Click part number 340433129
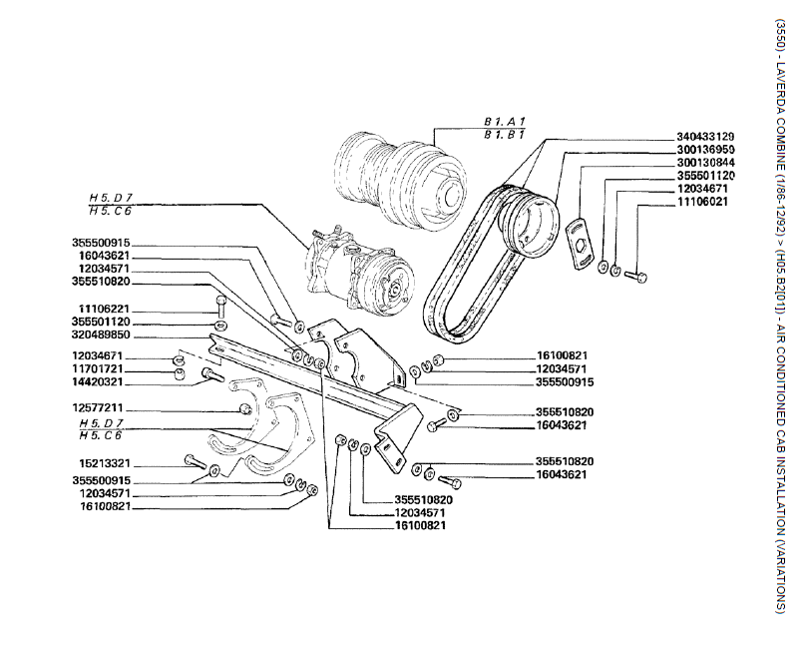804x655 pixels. click(704, 136)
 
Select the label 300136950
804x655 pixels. click(704, 149)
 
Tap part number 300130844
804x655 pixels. click(704, 162)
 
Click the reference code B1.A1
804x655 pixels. click(504, 121)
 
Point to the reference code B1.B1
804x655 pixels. click(504, 133)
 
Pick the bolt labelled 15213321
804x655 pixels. click(194, 461)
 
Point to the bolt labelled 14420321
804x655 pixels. click(210, 375)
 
